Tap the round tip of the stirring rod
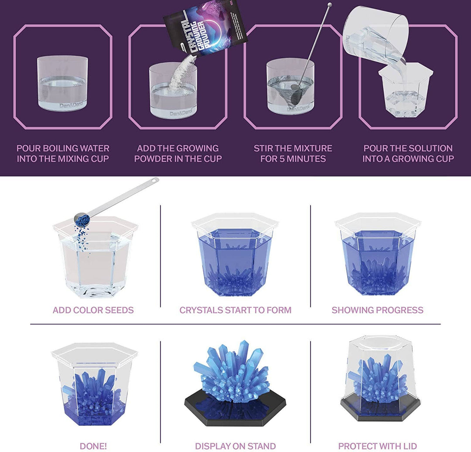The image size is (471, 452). tap(329, 5)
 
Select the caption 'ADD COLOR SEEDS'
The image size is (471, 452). tap(93, 310)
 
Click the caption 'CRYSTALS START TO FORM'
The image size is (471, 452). tap(235, 310)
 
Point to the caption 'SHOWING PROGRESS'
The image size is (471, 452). tap(377, 310)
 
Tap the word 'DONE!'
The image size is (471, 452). tap(93, 446)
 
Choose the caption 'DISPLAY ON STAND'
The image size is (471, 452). tap(235, 446)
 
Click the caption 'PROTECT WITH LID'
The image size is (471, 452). tap(377, 446)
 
